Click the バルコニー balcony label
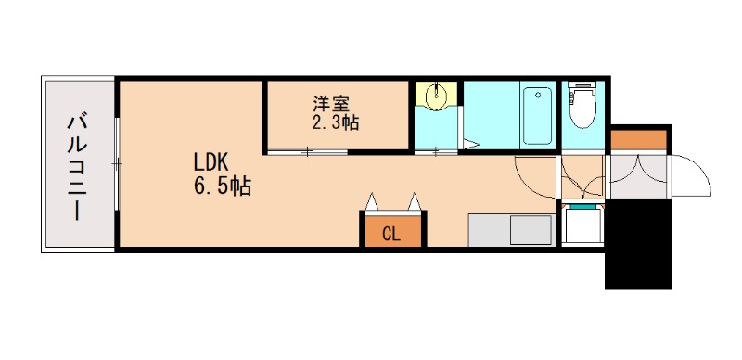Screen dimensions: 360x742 click(x=78, y=165)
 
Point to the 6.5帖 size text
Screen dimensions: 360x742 click(x=223, y=186)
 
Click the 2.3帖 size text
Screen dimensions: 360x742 click(x=335, y=122)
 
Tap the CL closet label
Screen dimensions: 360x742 click(x=391, y=234)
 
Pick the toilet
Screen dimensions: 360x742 click(x=582, y=107)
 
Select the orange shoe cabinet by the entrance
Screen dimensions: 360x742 click(x=638, y=140)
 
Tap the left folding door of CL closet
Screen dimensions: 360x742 click(x=373, y=201)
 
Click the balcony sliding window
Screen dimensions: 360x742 click(x=117, y=163)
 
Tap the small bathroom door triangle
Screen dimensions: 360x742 click(x=471, y=145)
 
